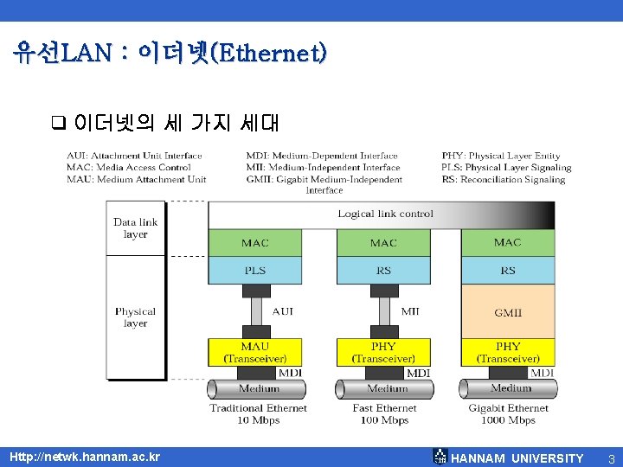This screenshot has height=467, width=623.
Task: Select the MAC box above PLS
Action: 255,243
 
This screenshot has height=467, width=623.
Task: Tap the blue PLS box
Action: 255,271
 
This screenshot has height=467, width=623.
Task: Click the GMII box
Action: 508,311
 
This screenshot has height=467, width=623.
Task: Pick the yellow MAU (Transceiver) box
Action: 255,352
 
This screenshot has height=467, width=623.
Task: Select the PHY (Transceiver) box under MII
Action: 383,352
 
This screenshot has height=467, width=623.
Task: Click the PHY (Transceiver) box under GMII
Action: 508,352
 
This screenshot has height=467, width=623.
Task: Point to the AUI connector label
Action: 283,310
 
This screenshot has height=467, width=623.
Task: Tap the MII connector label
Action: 410,310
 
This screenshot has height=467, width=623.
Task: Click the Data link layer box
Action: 136,228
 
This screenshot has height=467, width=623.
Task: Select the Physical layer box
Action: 136,317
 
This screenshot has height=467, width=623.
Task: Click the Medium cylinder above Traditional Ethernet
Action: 258,388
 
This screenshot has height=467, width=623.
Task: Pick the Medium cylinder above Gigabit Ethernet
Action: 511,388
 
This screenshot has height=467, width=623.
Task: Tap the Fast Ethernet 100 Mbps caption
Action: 384,414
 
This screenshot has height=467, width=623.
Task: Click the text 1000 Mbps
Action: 510,421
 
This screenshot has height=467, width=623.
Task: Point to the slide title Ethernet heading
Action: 170,54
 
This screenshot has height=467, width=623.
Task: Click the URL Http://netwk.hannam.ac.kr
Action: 84,457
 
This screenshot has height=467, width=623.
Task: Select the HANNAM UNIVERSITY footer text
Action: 517,457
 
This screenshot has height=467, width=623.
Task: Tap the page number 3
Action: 611,457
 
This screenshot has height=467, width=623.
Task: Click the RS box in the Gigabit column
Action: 508,271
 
